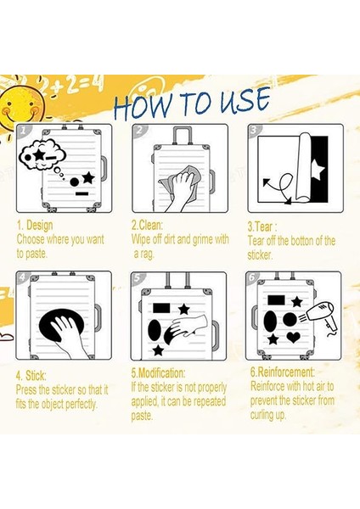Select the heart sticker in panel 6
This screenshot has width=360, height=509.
(294, 338)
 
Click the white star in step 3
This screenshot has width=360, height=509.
(318, 171)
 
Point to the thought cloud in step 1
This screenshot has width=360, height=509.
(42, 154)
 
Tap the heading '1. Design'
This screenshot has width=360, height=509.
(35, 225)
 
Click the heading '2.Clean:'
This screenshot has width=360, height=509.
(147, 225)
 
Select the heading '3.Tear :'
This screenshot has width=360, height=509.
(262, 227)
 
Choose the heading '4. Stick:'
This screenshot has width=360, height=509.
(31, 376)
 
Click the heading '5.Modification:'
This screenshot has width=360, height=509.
(158, 373)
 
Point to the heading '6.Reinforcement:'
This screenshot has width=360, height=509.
(283, 372)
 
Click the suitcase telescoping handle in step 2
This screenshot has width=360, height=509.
(183, 136)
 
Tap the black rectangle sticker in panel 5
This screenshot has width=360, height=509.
(162, 307)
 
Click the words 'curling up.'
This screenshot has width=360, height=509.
(268, 415)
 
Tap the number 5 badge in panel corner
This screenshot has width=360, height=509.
(137, 278)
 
